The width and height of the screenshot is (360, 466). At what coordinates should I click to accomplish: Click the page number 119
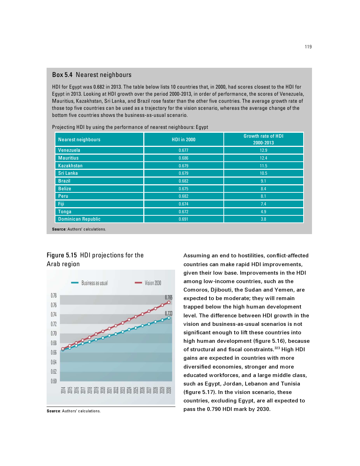(x=308, y=47)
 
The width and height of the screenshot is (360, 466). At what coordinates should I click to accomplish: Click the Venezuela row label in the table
(x=69, y=150)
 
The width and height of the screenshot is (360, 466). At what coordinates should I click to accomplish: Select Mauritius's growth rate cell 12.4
(x=263, y=158)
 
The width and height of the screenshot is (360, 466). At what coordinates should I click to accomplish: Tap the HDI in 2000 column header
(x=184, y=139)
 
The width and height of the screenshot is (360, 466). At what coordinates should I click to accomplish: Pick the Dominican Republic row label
(x=79, y=219)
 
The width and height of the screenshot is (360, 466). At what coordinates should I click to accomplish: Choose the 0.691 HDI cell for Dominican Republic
(x=184, y=219)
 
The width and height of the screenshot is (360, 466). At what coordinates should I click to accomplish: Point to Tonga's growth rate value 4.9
(x=263, y=212)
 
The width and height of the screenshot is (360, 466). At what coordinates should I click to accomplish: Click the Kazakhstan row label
(x=70, y=166)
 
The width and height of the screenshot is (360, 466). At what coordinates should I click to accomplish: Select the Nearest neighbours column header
(x=79, y=140)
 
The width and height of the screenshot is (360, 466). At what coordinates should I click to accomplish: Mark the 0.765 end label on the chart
(x=169, y=298)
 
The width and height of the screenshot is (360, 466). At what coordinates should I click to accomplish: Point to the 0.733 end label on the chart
(x=169, y=313)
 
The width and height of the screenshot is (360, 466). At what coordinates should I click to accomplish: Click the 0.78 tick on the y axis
(x=54, y=295)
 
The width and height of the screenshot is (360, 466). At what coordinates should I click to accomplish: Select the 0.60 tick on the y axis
(x=54, y=381)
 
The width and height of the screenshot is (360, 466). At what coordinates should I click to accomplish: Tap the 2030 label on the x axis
(x=169, y=390)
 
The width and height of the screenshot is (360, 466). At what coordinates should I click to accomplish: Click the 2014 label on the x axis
(x=63, y=390)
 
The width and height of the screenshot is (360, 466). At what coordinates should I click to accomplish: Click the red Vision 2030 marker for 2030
(x=169, y=303)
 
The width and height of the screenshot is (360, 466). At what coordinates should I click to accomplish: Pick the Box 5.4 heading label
(x=62, y=75)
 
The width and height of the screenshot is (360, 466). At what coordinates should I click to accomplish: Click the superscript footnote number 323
(x=277, y=348)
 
